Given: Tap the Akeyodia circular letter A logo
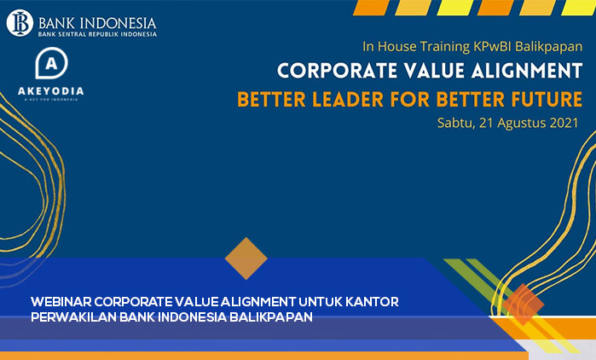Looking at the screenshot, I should pos(53,65).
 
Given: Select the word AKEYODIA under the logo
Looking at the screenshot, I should pos(53,90).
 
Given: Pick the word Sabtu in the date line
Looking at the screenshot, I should pos(451,122).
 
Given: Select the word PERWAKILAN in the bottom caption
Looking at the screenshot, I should pos(73,317).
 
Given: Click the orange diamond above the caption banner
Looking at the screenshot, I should pos(246,258).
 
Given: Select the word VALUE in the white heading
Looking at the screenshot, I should pos(427,71).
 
